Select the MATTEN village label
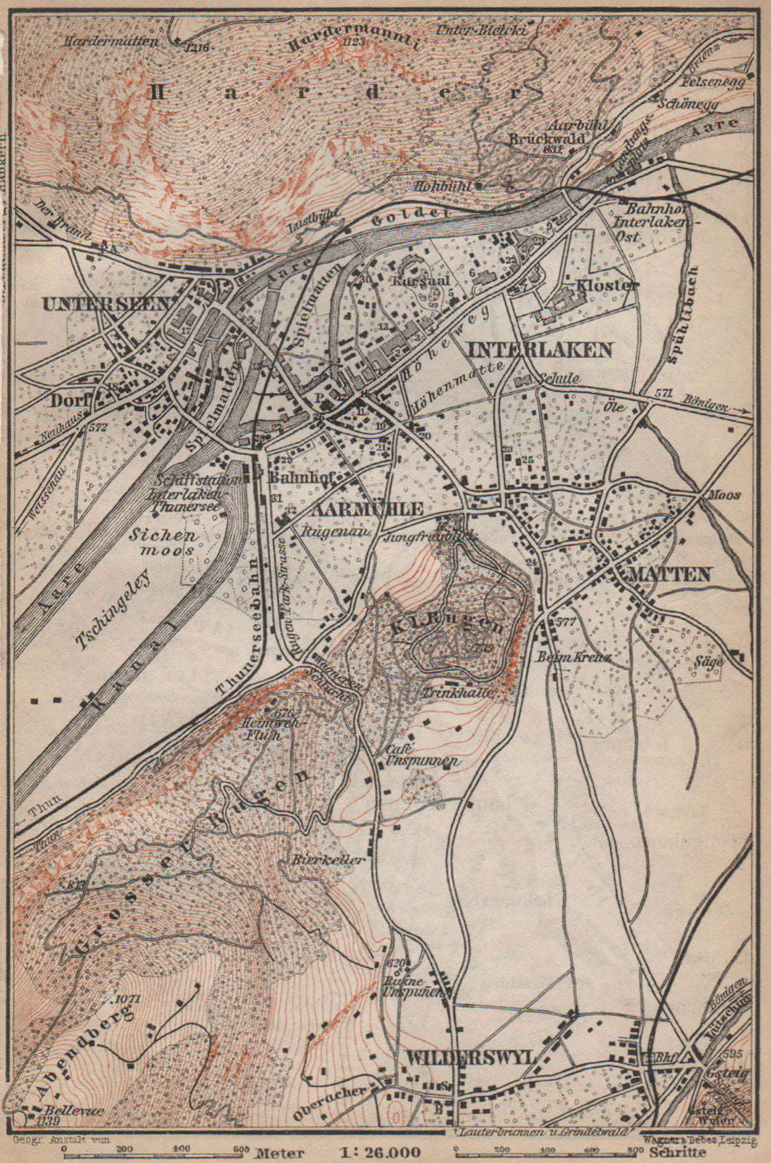(x=661, y=574)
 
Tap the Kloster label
(x=606, y=286)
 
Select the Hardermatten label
(x=111, y=42)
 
